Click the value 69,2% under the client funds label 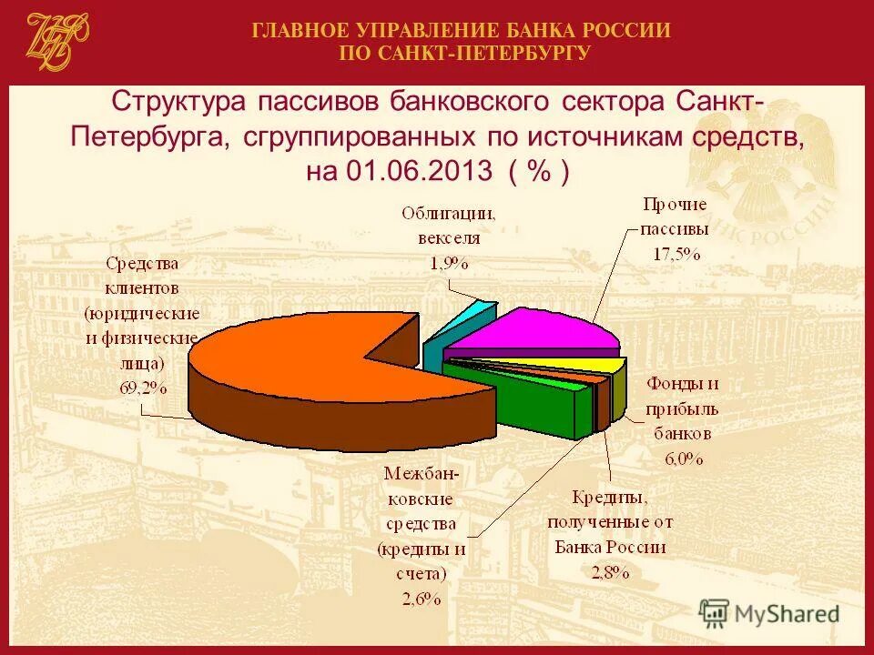143,387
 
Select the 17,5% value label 676,254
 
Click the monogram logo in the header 56,41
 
